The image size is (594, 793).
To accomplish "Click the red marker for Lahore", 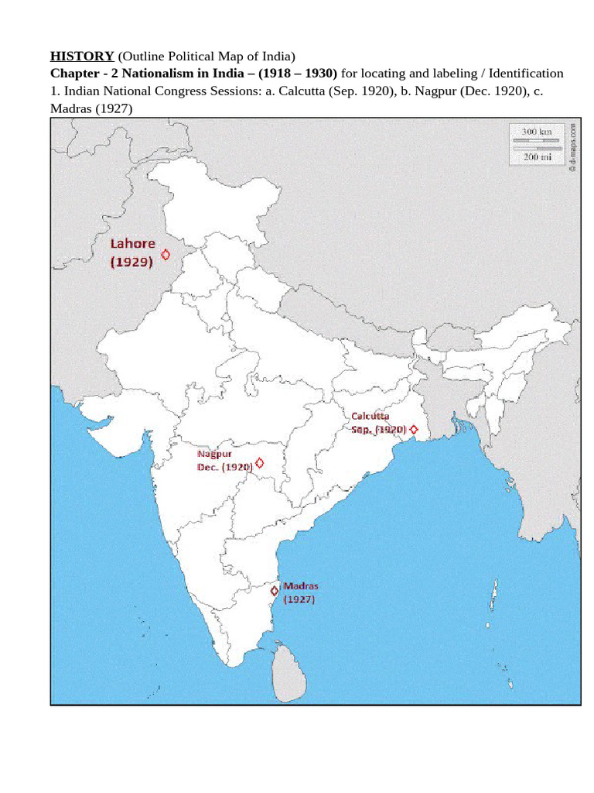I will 166,254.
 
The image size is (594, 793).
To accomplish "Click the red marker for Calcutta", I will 414,429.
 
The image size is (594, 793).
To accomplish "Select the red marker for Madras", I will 274,591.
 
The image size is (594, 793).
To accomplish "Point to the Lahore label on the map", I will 132,243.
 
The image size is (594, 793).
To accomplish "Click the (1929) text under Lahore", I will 132,262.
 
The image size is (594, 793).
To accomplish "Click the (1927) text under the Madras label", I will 299,599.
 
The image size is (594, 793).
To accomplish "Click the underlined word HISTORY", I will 82,57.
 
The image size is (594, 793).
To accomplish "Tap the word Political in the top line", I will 185,57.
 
